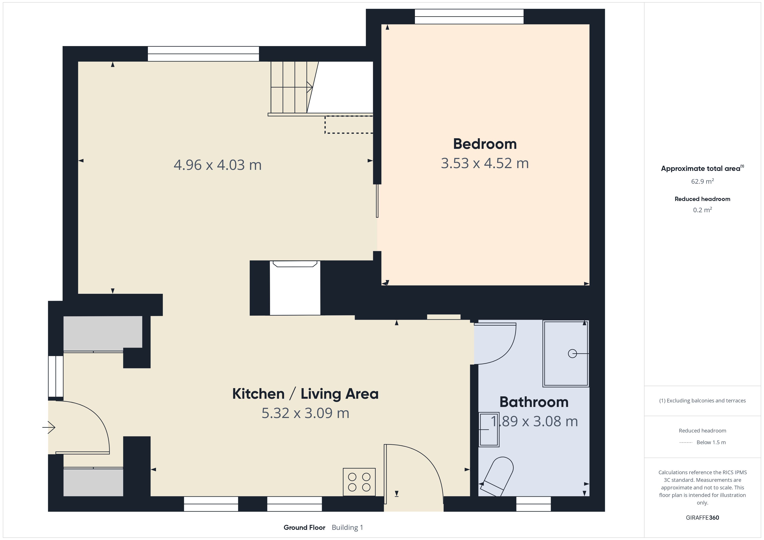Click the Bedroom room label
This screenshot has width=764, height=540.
(x=485, y=144)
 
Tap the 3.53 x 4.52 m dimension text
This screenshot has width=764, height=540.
(x=485, y=163)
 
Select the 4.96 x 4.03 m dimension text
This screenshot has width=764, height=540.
(x=218, y=165)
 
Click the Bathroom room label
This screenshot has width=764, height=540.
(x=534, y=402)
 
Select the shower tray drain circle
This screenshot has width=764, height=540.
(x=572, y=354)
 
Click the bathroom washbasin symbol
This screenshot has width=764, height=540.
(x=489, y=429)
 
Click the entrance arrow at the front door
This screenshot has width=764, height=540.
(x=49, y=427)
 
